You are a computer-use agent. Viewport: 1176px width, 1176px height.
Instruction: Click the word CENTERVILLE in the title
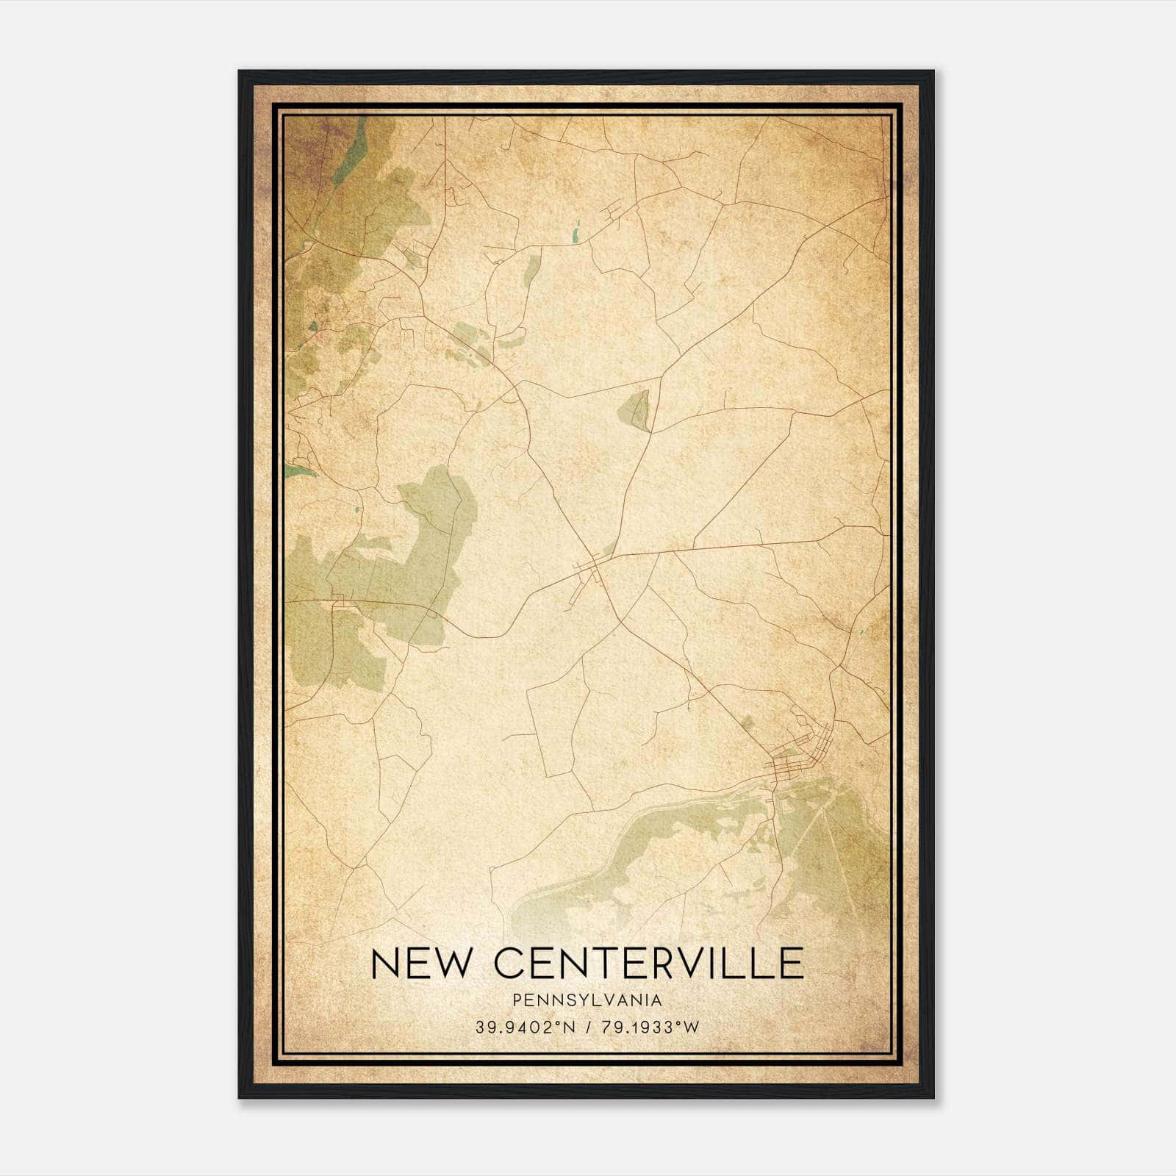click(648, 964)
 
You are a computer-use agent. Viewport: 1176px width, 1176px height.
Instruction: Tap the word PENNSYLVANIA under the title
click(587, 1000)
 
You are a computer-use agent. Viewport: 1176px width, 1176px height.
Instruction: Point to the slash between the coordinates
click(587, 1028)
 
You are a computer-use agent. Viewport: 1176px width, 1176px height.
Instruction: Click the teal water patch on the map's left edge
click(300, 470)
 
